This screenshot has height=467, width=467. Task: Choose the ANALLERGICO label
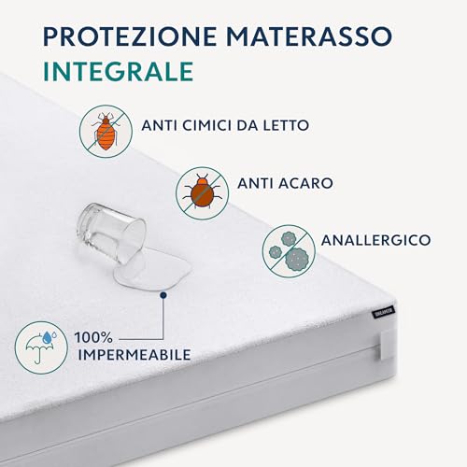coord(375,240)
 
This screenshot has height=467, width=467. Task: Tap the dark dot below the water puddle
coord(162,293)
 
